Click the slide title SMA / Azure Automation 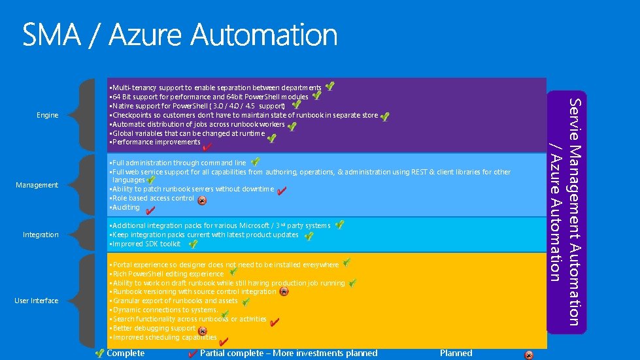point(180,35)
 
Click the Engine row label point(48,116)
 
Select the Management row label point(37,186)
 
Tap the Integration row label point(41,235)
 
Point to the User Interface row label point(37,301)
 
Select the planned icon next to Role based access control point(203,201)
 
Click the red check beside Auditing point(150,211)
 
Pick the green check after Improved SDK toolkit point(194,244)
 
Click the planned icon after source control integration point(284,292)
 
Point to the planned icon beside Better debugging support point(203,331)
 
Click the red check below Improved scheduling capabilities point(224,342)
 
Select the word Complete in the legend point(125,353)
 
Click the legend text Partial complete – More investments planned point(288,353)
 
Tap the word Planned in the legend point(456,353)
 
